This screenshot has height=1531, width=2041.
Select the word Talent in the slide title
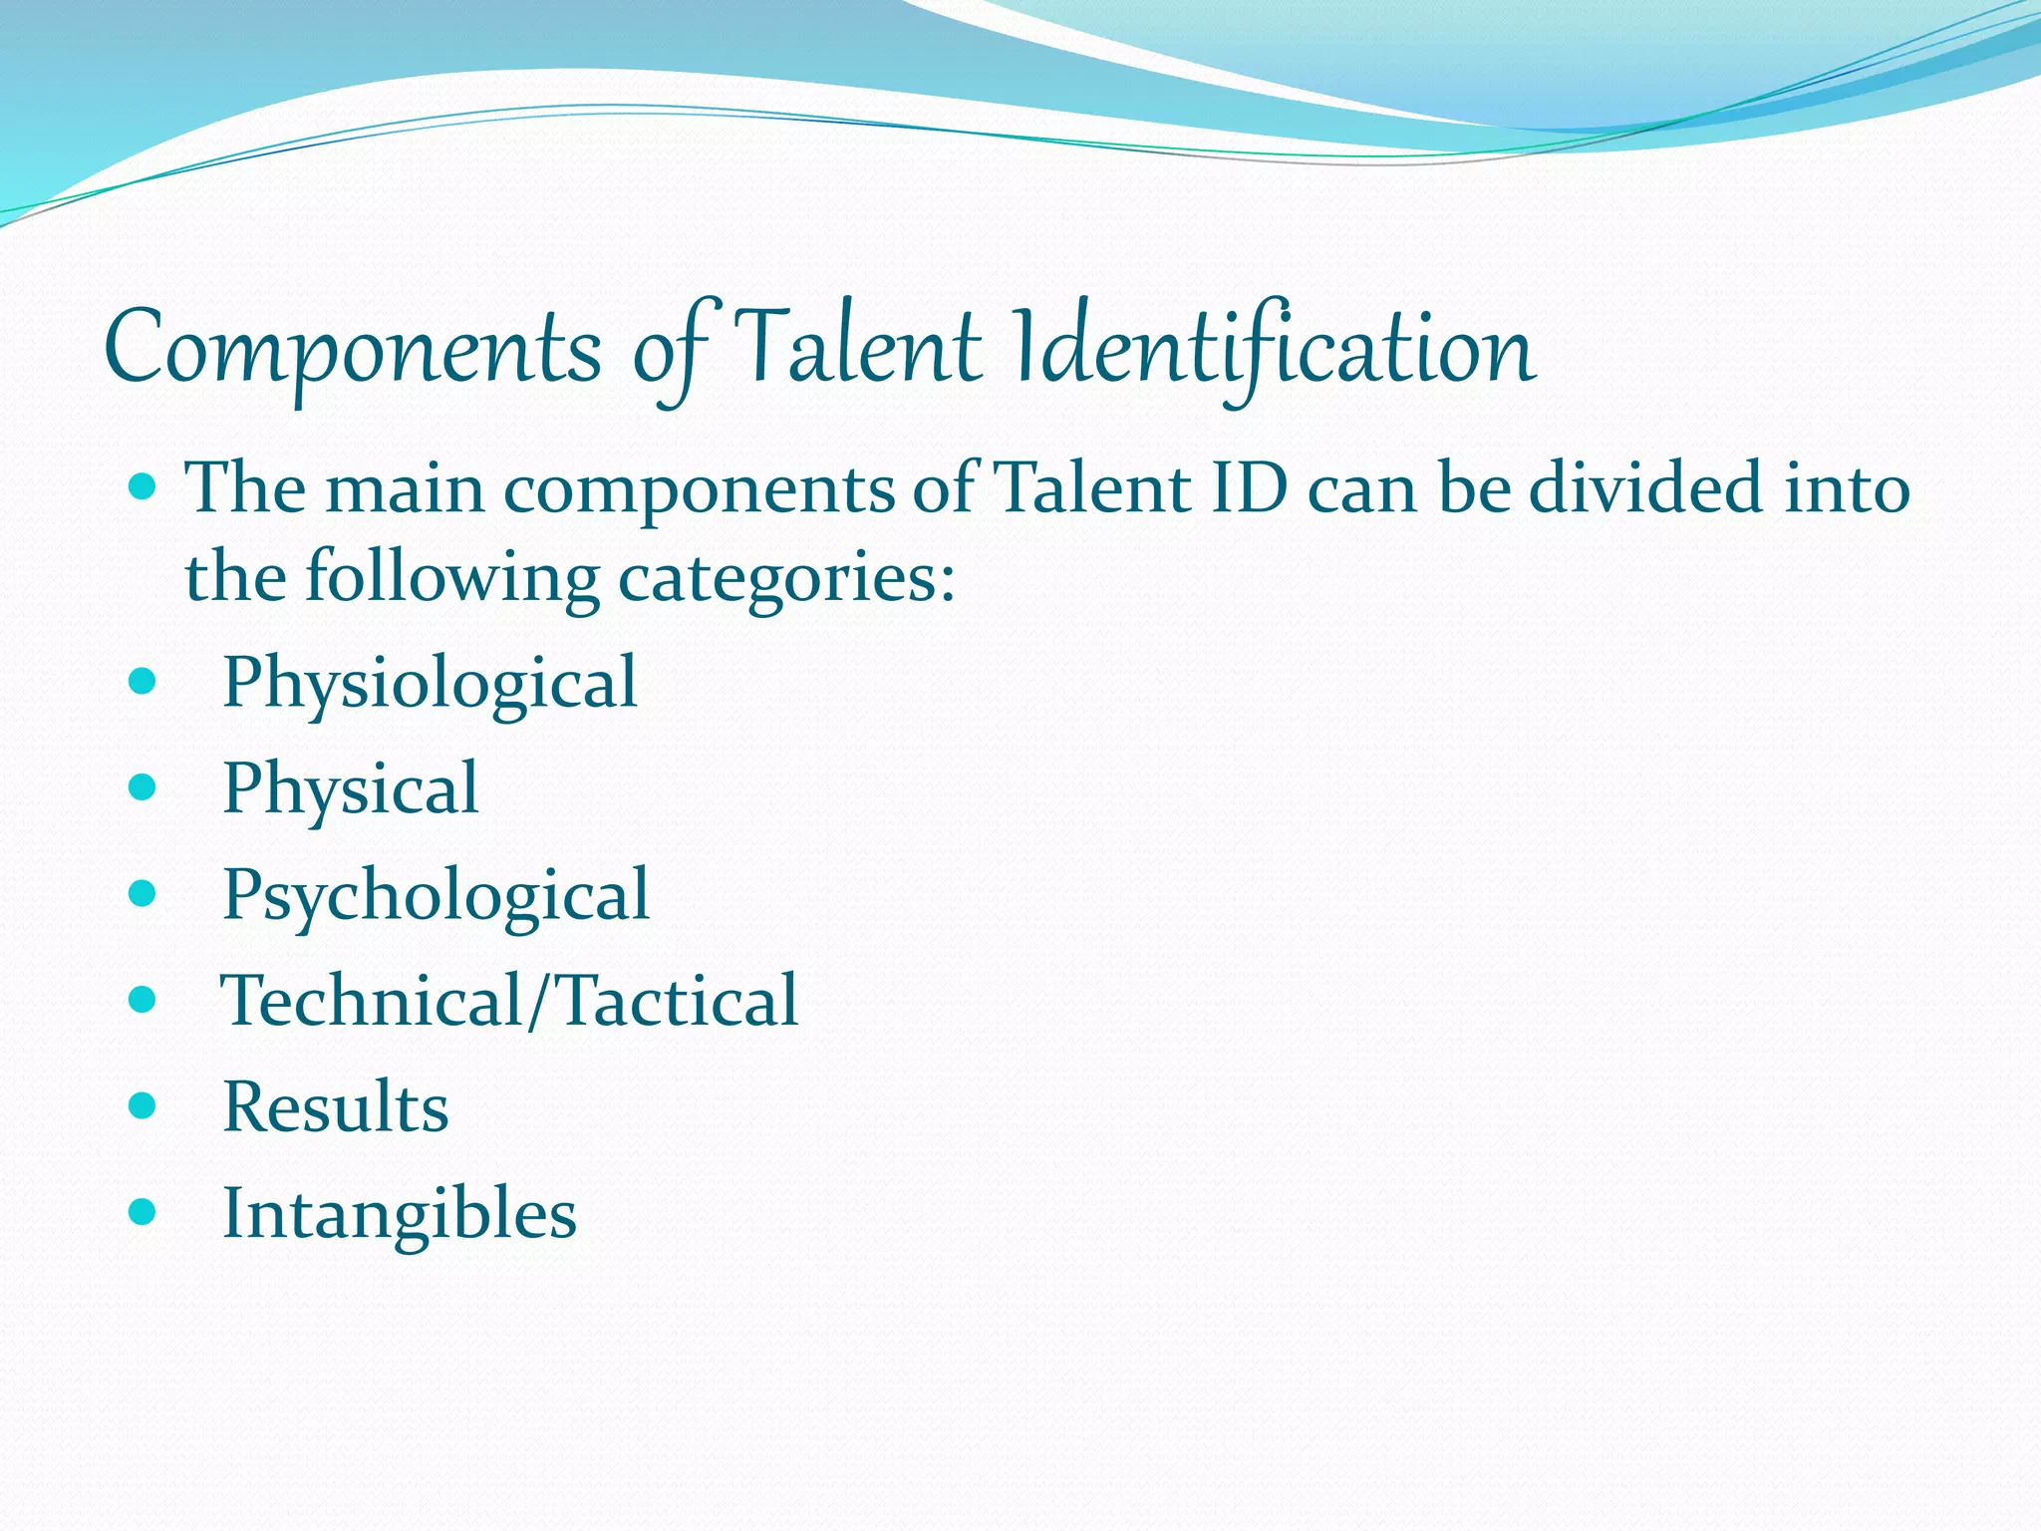(x=861, y=349)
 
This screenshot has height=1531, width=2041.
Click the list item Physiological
(x=430, y=685)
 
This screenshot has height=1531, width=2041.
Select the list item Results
(x=336, y=1107)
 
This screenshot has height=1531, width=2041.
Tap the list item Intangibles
(x=400, y=1215)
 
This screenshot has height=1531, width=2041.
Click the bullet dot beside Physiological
(x=144, y=682)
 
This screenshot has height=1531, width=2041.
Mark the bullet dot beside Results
(x=144, y=1105)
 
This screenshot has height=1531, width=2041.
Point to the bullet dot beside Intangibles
(x=144, y=1212)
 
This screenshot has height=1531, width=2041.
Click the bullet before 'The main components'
(x=144, y=487)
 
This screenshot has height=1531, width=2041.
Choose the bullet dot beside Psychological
(x=144, y=893)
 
